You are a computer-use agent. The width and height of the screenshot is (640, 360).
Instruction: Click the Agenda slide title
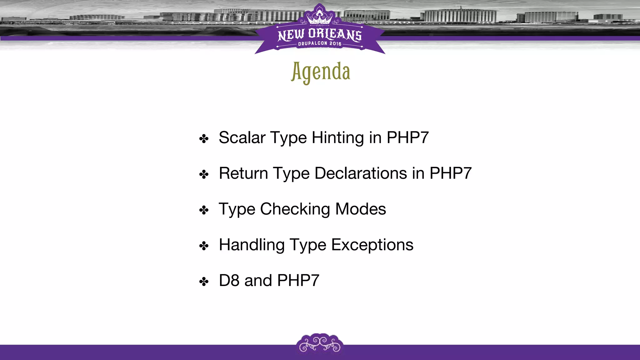(320, 72)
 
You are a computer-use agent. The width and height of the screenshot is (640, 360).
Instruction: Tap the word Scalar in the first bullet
(242, 137)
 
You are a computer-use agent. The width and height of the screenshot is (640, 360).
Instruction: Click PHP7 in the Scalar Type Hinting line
(407, 137)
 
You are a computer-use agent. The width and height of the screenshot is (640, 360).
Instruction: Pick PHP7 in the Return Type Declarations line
(450, 173)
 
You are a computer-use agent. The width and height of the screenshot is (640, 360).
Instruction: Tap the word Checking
(295, 209)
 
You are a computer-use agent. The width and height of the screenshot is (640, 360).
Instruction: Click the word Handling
(252, 244)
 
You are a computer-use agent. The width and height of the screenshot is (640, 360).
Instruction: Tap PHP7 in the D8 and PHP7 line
(298, 280)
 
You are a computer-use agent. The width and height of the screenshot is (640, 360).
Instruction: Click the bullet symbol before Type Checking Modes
(204, 210)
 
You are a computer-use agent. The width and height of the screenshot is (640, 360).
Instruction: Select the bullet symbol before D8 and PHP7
(204, 282)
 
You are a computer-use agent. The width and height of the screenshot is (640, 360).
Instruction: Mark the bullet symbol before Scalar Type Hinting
(204, 139)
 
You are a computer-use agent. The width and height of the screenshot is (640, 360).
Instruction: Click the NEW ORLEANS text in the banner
(320, 34)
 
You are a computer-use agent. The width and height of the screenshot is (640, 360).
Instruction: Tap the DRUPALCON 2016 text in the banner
(320, 44)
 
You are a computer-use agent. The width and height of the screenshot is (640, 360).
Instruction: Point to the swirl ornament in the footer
(320, 344)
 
